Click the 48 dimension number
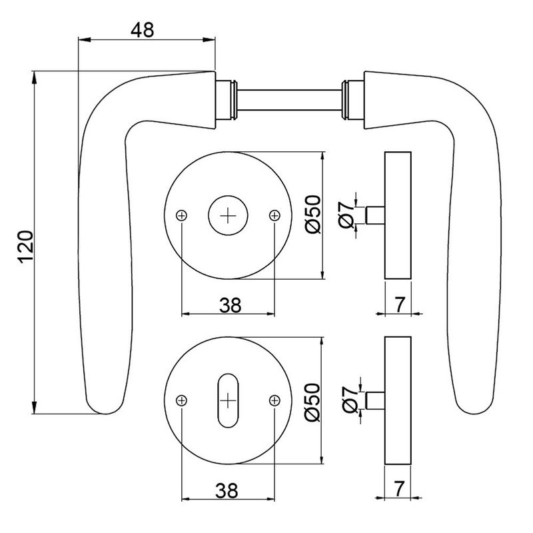[142, 29]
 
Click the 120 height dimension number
[25, 247]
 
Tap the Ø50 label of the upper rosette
[312, 215]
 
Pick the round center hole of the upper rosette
[228, 215]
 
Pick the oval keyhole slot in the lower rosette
[228, 400]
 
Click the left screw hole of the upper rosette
[182, 215]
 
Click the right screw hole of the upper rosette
[274, 215]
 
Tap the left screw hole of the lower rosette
[182, 400]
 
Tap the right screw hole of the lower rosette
[274, 400]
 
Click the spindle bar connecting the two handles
[289, 101]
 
